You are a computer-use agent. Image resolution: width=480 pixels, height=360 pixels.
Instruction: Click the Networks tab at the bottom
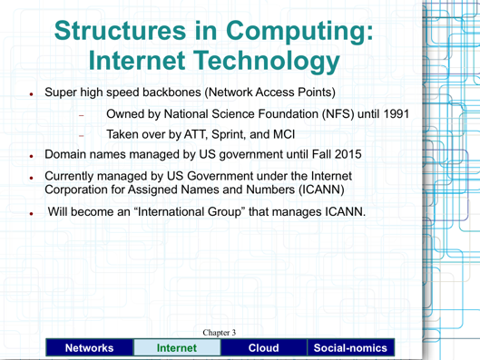(88, 347)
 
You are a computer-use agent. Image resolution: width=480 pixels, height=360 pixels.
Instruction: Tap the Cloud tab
(265, 347)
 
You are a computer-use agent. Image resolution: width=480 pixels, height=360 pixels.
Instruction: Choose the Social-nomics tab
(351, 347)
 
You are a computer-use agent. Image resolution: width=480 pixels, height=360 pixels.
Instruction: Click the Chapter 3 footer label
(219, 333)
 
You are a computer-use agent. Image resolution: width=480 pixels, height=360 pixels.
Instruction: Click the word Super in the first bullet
(63, 92)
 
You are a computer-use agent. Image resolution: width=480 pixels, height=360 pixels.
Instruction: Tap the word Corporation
(83, 192)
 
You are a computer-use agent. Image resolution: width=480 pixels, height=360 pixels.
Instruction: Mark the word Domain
(69, 155)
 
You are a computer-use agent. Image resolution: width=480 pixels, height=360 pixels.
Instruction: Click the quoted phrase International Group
(193, 213)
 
